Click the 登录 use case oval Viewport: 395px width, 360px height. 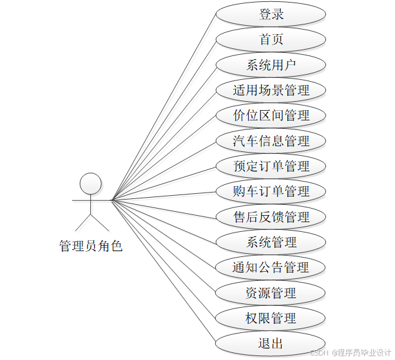pyautogui.click(x=271, y=14)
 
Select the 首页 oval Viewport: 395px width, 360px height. pyautogui.click(x=271, y=39)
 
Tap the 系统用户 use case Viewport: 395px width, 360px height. pyautogui.click(x=271, y=64)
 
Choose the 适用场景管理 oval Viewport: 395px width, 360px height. pyautogui.click(x=271, y=90)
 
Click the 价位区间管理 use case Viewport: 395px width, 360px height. pyautogui.click(x=271, y=115)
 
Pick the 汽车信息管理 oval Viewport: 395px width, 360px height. pyautogui.click(x=271, y=140)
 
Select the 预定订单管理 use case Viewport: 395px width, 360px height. pyautogui.click(x=271, y=166)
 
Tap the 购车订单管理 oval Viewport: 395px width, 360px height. pyautogui.click(x=271, y=191)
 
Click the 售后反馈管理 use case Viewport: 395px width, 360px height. pyautogui.click(x=271, y=216)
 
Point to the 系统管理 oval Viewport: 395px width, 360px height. pyautogui.click(x=271, y=242)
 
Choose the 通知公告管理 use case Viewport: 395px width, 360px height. pyautogui.click(x=271, y=267)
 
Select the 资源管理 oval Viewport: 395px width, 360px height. pyautogui.click(x=271, y=292)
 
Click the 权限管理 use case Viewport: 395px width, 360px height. pyautogui.click(x=271, y=318)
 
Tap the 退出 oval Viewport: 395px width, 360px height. pyautogui.click(x=271, y=343)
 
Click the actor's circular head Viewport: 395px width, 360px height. pyautogui.click(x=90, y=183)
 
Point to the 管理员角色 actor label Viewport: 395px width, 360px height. pyautogui.click(x=90, y=246)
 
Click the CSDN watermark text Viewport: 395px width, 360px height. pyautogui.click(x=351, y=352)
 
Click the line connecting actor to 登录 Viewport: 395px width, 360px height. pyautogui.click(x=164, y=107)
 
